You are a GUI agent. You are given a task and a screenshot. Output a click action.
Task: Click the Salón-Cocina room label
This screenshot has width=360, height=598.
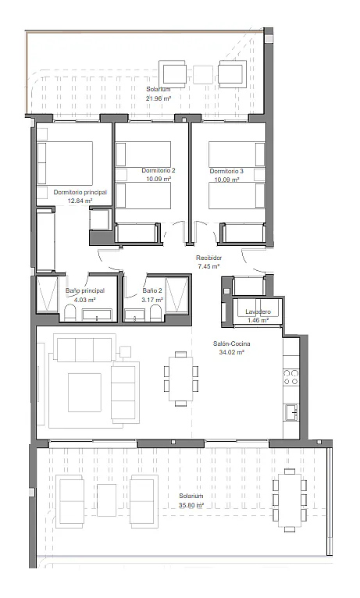(231, 343)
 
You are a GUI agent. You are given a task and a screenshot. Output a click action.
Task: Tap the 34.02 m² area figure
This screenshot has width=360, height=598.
(231, 352)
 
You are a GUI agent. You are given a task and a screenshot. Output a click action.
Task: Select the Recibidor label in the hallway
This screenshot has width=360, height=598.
(209, 258)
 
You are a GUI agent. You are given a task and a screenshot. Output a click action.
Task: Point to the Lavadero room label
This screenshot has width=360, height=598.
(258, 312)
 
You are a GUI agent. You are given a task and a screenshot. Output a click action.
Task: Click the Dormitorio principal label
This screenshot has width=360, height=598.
(80, 192)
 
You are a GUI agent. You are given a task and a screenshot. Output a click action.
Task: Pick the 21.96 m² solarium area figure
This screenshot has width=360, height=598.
(159, 98)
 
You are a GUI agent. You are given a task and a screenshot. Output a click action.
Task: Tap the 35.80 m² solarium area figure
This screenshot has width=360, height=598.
(191, 505)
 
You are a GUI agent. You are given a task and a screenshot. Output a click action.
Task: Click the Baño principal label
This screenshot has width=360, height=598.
(85, 291)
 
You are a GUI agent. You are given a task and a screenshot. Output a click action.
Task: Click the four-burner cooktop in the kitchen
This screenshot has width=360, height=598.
(290, 377)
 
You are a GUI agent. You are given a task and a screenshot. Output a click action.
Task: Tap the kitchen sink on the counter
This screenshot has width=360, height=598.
(291, 412)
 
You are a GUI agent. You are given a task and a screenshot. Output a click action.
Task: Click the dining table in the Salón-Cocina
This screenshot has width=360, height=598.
(180, 379)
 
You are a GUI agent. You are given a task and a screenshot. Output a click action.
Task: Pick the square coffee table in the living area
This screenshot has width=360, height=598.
(84, 393)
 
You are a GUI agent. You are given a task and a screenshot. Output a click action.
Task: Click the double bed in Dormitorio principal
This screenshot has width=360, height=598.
(65, 163)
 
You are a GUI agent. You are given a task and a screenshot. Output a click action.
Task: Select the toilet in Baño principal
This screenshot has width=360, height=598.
(71, 313)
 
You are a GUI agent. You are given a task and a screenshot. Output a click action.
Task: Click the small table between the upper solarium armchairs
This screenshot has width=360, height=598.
(203, 75)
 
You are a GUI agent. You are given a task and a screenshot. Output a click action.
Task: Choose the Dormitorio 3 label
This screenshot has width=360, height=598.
(226, 171)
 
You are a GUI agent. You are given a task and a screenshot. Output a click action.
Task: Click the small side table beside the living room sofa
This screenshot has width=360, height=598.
(125, 351)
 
